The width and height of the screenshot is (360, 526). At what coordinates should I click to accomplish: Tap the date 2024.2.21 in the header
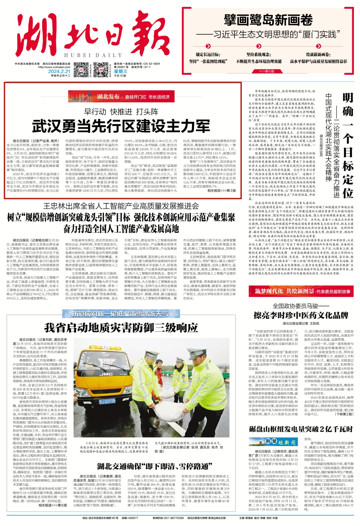click(x=59, y=71)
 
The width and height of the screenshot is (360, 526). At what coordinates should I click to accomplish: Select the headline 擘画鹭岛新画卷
click(x=268, y=20)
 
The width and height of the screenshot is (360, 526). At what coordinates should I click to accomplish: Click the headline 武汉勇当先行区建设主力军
click(x=121, y=126)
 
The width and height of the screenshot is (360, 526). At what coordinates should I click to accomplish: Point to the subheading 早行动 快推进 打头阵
click(x=121, y=112)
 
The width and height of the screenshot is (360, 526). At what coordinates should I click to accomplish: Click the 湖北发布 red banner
click(x=121, y=97)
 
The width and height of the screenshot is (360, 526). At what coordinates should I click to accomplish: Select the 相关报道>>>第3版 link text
click(x=221, y=191)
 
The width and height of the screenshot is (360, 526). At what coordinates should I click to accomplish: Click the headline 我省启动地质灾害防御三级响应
click(x=121, y=327)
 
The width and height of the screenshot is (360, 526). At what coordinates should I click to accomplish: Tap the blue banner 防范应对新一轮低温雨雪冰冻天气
click(x=121, y=314)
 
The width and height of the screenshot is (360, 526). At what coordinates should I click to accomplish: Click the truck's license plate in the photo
click(x=107, y=401)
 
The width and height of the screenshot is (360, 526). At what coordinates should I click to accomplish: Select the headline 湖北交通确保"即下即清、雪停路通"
click(x=154, y=466)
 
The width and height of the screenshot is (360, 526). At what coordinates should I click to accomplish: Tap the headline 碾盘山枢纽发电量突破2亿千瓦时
click(x=301, y=429)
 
